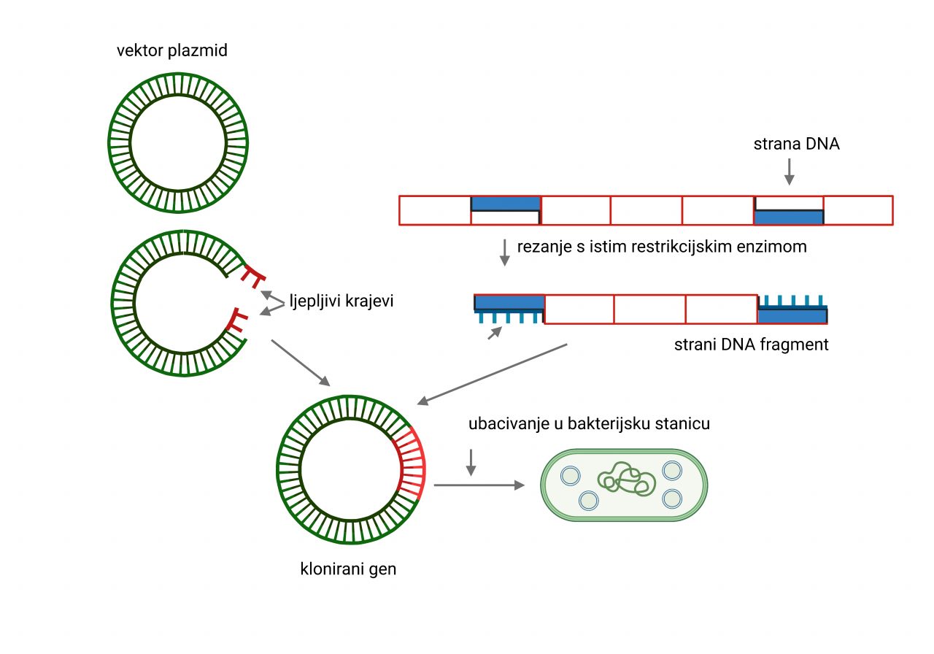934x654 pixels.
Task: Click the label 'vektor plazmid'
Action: tap(171, 52)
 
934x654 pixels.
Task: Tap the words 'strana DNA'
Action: tap(796, 144)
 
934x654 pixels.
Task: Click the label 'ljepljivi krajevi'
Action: tap(341, 301)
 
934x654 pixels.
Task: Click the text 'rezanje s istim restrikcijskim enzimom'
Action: tap(662, 246)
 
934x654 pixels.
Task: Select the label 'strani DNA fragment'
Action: tap(752, 345)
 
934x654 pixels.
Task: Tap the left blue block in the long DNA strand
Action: tap(505, 204)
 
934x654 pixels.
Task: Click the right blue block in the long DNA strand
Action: tap(788, 217)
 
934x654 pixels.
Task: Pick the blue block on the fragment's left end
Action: tap(509, 302)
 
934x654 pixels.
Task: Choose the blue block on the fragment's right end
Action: tap(792, 316)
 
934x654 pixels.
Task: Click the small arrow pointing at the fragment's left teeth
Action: tap(495, 333)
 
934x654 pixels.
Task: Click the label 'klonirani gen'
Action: tap(348, 569)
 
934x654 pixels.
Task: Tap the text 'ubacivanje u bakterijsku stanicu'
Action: tap(590, 424)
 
